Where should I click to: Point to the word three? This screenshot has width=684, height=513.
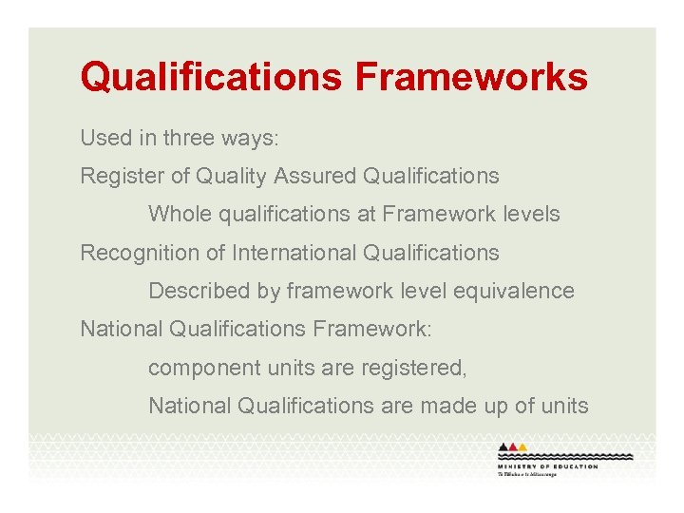(190, 138)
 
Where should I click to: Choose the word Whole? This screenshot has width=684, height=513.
(180, 214)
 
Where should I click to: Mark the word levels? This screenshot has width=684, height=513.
(533, 214)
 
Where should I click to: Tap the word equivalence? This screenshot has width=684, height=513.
(515, 291)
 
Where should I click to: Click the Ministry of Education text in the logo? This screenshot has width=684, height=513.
(547, 466)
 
